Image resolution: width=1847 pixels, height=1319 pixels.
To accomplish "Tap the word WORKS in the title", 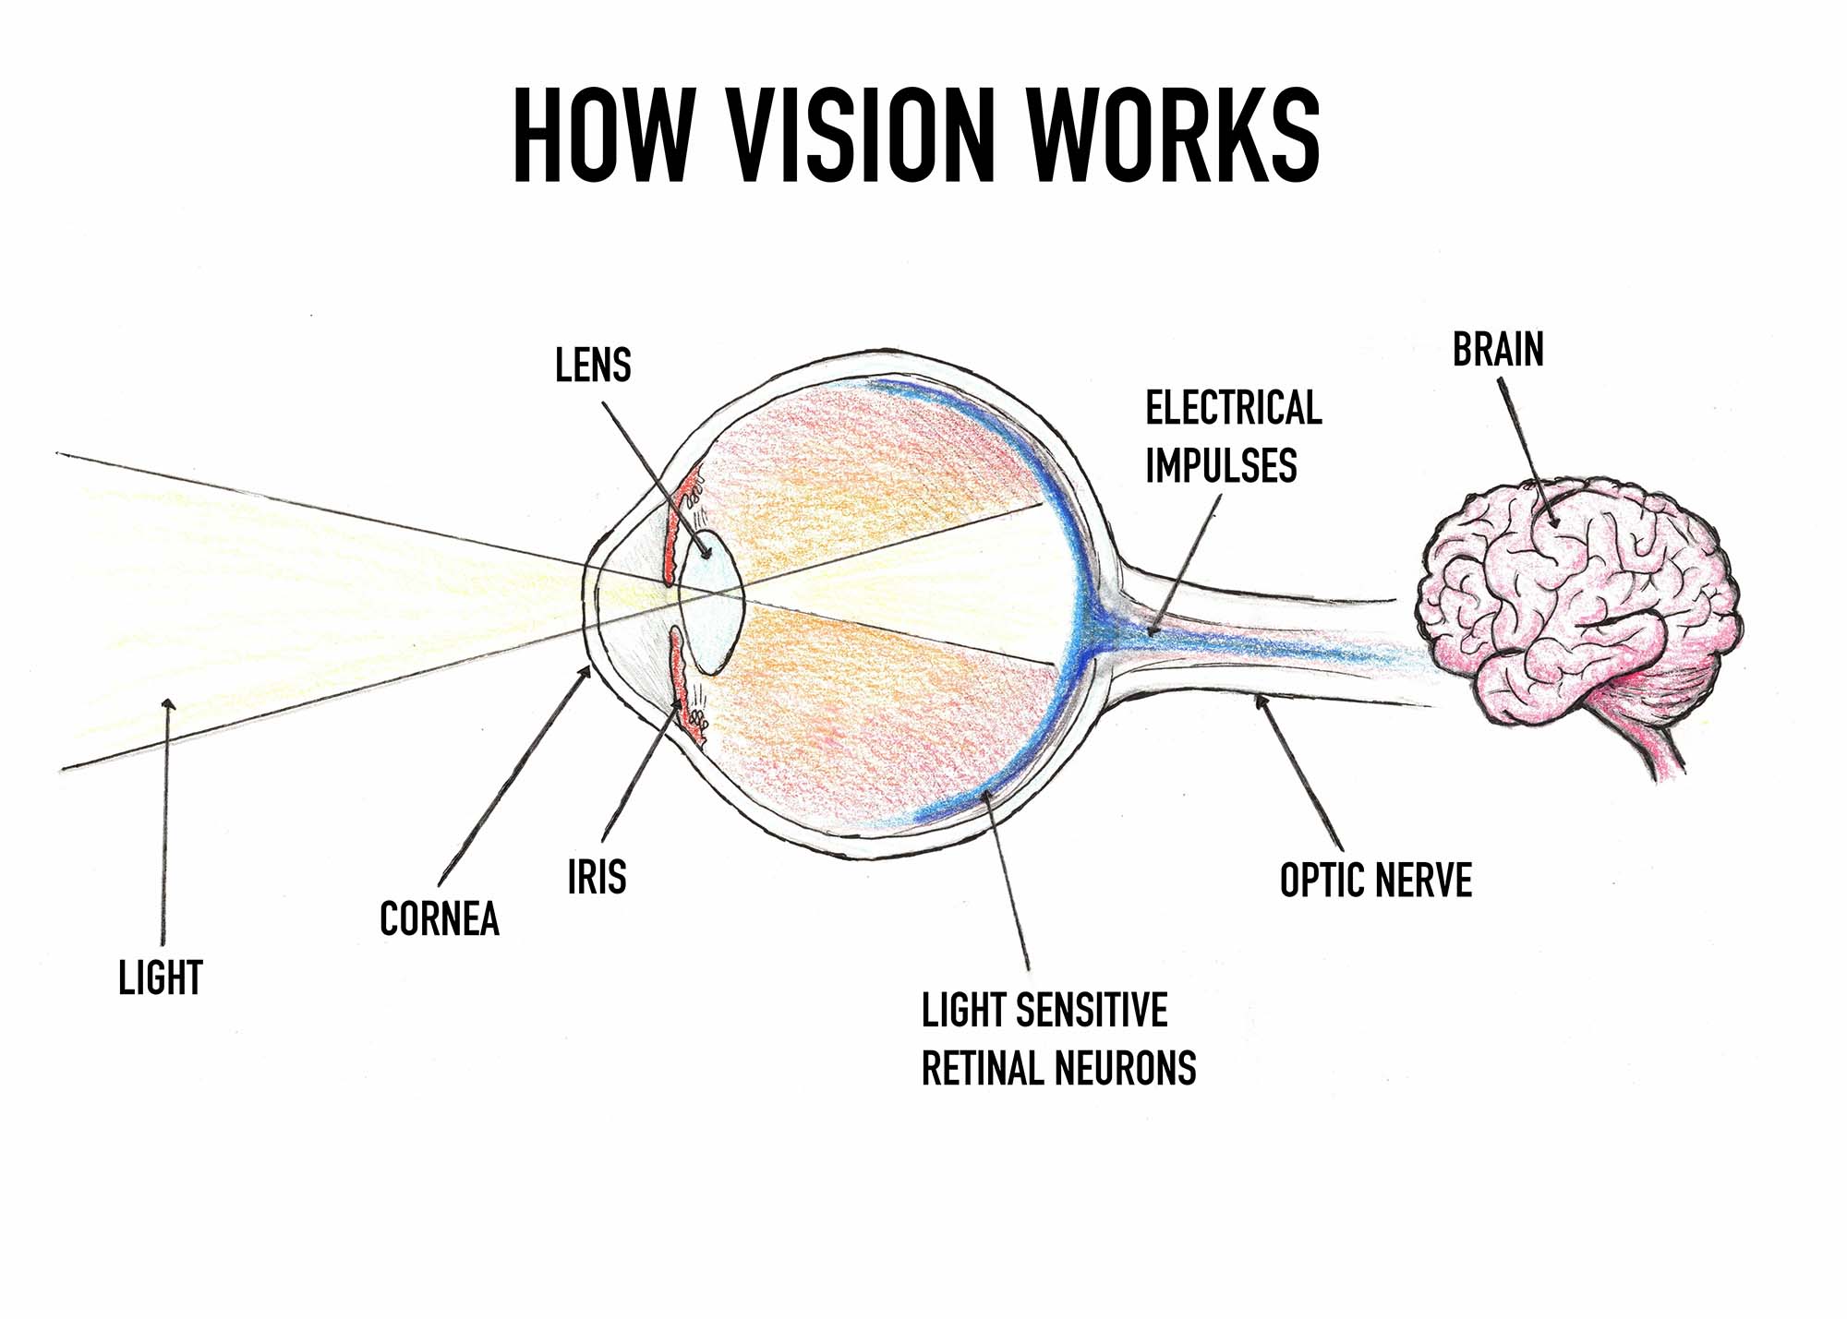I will point(1173,136).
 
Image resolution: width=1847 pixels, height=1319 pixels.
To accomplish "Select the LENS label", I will point(593,366).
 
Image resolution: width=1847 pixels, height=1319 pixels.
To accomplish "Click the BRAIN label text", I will point(1498,350).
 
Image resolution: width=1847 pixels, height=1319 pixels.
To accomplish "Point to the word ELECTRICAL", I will point(1234,408).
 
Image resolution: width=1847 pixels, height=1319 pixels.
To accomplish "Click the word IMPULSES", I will point(1221,465).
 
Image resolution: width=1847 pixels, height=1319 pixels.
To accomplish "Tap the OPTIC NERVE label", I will point(1375,880).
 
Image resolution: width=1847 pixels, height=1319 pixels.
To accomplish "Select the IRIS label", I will point(597,876).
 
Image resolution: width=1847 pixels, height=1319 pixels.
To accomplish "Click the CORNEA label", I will point(440,918).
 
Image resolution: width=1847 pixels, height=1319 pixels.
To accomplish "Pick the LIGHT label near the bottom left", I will point(160,977).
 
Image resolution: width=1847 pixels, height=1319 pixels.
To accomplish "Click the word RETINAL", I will point(984,1068).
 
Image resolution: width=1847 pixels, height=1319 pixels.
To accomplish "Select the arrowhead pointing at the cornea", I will point(585,674).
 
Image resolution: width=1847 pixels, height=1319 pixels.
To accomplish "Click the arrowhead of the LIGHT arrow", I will point(167,705).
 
